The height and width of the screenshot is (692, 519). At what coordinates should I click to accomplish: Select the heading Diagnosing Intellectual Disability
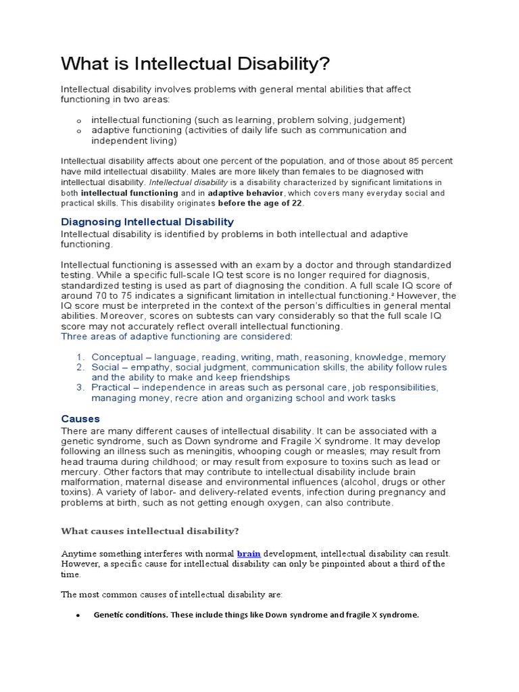[147, 222]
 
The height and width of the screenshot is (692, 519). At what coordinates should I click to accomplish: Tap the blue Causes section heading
[80, 418]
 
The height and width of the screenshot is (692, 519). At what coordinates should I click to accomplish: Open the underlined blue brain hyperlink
[249, 553]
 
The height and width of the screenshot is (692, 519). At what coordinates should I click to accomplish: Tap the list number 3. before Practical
[80, 387]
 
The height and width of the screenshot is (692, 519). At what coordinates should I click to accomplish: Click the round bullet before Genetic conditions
[78, 616]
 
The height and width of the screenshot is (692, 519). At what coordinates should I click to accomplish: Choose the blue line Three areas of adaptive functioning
[177, 337]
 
